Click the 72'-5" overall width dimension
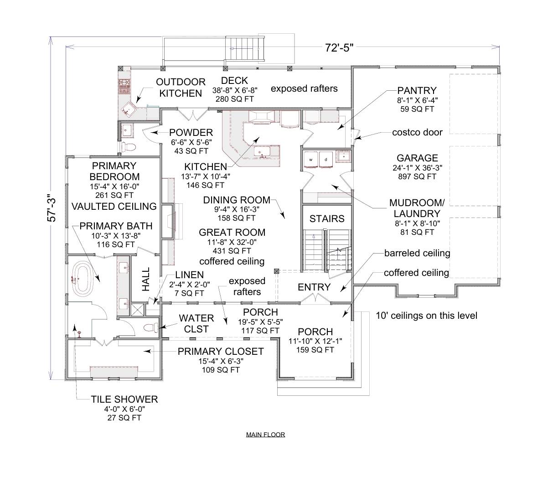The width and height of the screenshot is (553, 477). coord(339,48)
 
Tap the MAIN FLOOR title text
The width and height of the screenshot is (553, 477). coord(265,435)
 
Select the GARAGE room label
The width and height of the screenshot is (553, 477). coord(417,158)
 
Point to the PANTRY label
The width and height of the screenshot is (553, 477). coord(416,91)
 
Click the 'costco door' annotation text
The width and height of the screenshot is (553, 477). coord(417,132)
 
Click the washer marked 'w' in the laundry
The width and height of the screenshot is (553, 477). coord(311,160)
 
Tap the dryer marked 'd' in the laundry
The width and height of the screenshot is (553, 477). coord(326,160)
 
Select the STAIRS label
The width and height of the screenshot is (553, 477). coord(327,219)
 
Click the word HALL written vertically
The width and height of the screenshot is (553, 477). coord(146,282)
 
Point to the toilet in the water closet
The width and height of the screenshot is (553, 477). coord(150,327)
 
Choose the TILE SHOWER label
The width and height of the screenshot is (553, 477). coord(124,399)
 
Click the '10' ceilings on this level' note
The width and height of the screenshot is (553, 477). coord(426,315)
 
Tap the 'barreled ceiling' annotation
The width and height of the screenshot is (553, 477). coord(417,253)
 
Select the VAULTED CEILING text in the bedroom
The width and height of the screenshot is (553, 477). coord(114,206)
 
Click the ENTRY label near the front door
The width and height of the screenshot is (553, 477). coord(314,287)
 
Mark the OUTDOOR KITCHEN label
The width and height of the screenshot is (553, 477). coord(181,88)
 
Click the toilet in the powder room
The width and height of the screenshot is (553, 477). coord(129,147)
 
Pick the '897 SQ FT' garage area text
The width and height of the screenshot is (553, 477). coord(417,176)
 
